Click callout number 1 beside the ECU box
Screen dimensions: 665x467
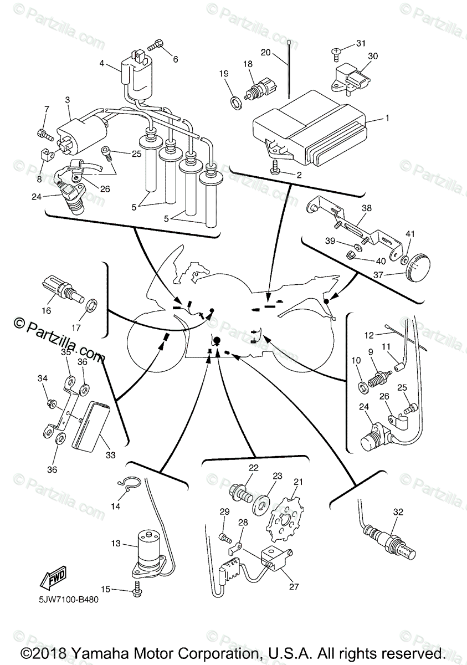pyautogui.click(x=387, y=118)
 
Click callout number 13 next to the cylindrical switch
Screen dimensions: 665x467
pyautogui.click(x=115, y=544)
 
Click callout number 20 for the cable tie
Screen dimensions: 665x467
pyautogui.click(x=265, y=53)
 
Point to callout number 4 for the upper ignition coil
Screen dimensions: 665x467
pyautogui.click(x=102, y=64)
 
